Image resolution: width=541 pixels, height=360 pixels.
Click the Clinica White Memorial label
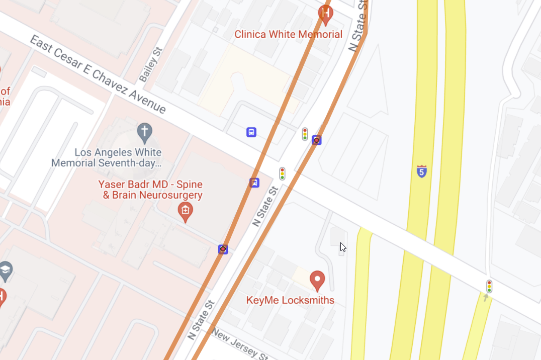(x=288, y=35)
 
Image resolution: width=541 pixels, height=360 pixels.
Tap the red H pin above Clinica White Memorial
(x=326, y=14)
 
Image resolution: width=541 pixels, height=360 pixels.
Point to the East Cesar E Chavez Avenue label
(x=98, y=74)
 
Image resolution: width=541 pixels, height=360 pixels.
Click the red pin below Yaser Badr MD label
(x=185, y=211)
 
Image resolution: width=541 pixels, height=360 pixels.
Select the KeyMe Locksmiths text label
(x=290, y=300)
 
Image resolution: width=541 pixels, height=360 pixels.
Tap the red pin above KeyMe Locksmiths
(x=317, y=280)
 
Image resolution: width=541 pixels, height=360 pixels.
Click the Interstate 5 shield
(x=422, y=171)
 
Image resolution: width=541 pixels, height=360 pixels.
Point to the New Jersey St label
(x=240, y=343)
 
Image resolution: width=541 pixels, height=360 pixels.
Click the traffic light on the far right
(x=489, y=286)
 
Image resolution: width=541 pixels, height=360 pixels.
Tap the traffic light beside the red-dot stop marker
(x=305, y=134)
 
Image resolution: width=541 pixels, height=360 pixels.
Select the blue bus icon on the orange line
(x=254, y=183)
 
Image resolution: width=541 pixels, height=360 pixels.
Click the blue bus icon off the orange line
(x=251, y=132)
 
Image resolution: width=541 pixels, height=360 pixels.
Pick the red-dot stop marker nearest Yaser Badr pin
(x=223, y=249)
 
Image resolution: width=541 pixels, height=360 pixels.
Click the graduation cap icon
(x=6, y=270)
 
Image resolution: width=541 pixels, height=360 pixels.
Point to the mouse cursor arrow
(x=342, y=246)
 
